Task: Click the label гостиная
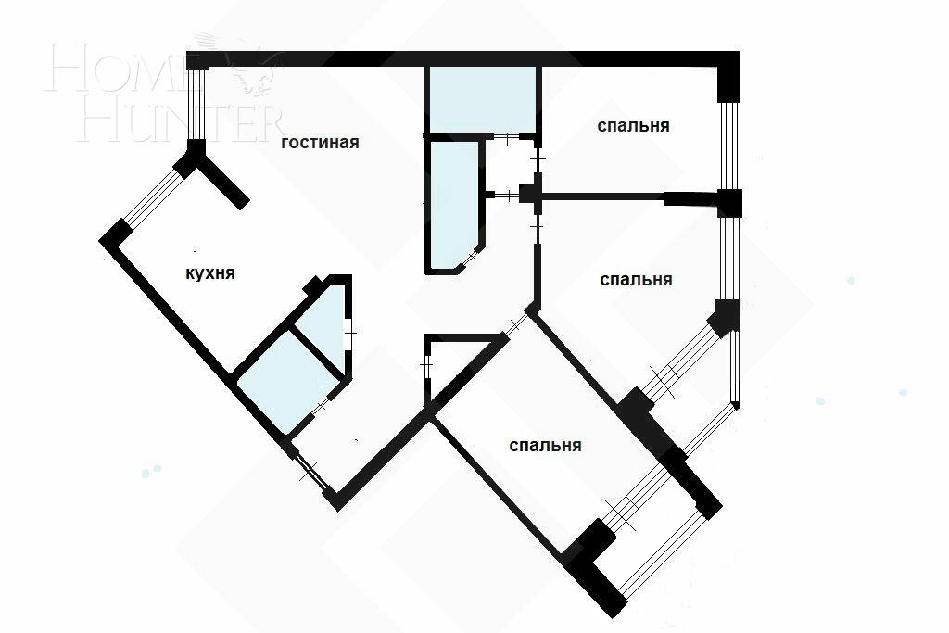320,143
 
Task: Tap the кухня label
210,273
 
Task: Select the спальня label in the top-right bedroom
634,125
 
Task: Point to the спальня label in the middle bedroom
636,279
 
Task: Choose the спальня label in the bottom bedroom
546,445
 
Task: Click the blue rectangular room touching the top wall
482,99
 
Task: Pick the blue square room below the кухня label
274,380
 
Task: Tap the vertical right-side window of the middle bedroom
730,259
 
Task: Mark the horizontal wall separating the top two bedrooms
602,196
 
